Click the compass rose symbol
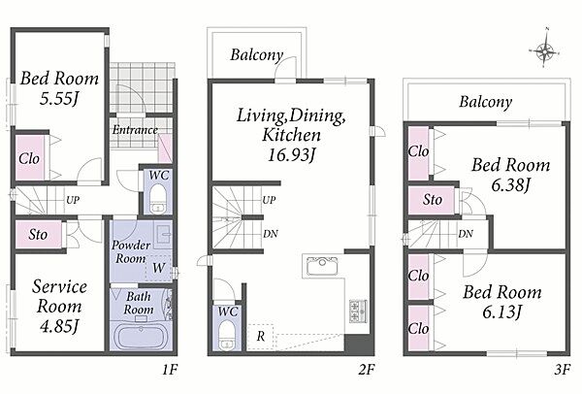pos(544,51)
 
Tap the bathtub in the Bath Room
pos(142,337)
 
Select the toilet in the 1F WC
pos(158,198)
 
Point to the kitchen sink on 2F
pos(322,267)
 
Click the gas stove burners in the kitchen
pos(358,311)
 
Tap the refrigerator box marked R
pos(261,337)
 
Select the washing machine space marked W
pos(158,268)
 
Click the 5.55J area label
pos(60,99)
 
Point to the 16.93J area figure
pos(291,154)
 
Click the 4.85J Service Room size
pos(59,326)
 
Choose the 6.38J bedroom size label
pos(511,184)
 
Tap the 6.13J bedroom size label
pos(502,312)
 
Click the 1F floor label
pos(170,370)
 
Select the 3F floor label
pos(562,370)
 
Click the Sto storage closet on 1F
pos(39,234)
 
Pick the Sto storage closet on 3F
pos(432,200)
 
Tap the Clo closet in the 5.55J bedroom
pos(30,157)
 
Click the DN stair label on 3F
pos(466,234)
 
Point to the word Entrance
pos(135,130)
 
